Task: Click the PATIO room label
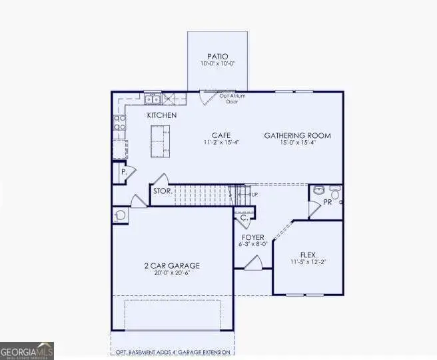[217, 56]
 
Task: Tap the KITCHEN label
[162, 116]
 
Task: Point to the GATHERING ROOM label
[297, 135]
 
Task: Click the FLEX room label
[308, 255]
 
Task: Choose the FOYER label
[253, 237]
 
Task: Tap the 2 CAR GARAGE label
[172, 265]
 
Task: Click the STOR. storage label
[163, 191]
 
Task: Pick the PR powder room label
[328, 201]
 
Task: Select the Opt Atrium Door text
[232, 99]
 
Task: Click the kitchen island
[159, 141]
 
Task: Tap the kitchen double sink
[153, 100]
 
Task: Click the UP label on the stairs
[253, 194]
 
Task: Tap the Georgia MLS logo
[27, 351]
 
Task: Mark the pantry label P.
[123, 173]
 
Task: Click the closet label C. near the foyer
[244, 217]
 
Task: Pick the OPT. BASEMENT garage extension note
[172, 352]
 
